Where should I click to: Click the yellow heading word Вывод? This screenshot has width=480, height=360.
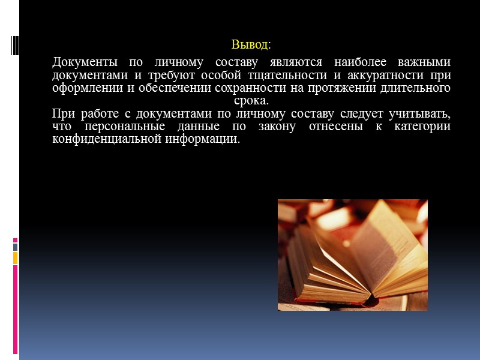[x=249, y=45]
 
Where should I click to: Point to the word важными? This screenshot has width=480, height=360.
[x=425, y=62]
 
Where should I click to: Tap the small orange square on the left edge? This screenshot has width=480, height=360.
[x=16, y=257]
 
